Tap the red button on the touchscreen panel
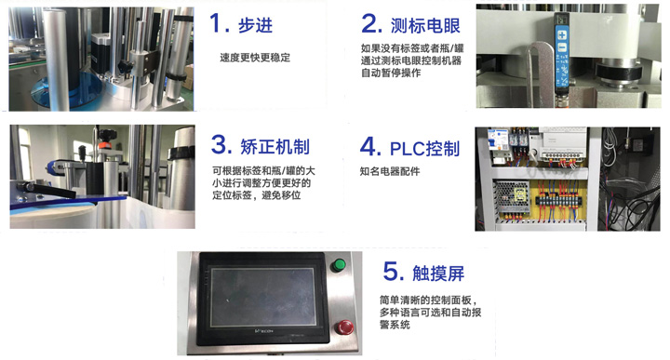click(344, 327)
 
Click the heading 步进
click(255, 26)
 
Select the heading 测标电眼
click(425, 26)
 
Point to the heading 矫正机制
click(275, 146)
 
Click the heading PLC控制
click(424, 149)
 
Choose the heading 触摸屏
click(438, 273)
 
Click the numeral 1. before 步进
click(220, 23)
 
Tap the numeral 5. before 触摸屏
click(393, 272)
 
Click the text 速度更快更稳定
click(255, 58)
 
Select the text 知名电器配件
click(390, 172)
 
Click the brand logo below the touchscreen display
click(263, 331)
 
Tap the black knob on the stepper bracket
click(125, 67)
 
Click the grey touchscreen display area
click(261, 297)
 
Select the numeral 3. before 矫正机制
click(221, 144)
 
